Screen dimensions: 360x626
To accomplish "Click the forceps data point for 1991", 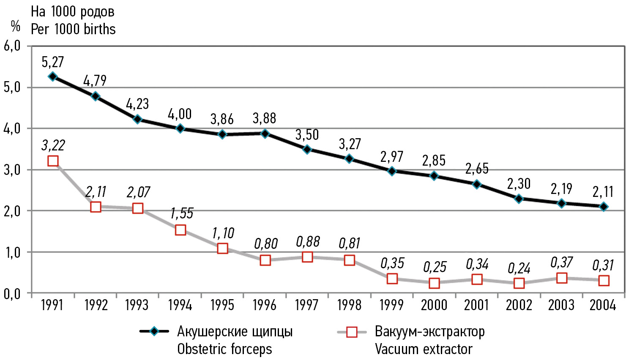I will pos(53,76).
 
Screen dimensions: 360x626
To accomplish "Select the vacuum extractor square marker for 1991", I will pos(53,161).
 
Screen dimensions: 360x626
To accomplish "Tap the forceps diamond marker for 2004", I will pos(604,207).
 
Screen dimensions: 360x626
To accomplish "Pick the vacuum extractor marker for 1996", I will pos(265,260).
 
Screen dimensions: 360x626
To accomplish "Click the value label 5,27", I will pos(52,62).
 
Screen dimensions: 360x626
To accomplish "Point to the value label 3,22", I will pos(53,145).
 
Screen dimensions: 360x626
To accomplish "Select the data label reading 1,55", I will pos(182,213).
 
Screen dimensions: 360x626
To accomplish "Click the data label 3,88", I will pos(264,118).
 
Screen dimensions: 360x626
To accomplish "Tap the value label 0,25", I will pos(435,267).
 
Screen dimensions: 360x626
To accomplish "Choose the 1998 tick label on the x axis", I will pos(349,305).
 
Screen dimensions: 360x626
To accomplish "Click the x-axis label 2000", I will pos(434,305).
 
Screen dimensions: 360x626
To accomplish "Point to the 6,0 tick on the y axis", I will pos(12,46).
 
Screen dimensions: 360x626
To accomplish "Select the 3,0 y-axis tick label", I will pos(12,169).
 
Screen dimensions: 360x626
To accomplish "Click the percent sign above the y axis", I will pos(15,27).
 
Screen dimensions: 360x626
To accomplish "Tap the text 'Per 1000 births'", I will pos(73,29).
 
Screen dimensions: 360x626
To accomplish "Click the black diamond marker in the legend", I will pos(154,332).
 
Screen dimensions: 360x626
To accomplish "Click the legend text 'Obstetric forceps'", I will pos(224,349).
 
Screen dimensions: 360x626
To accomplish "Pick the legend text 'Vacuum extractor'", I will pos(424,349).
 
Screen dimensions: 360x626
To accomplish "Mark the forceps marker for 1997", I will pos(307,149).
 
